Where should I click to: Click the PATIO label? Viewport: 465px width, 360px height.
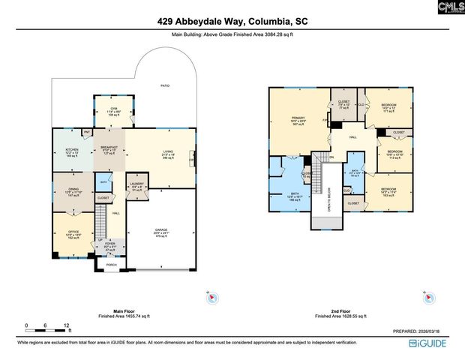[x=164, y=85]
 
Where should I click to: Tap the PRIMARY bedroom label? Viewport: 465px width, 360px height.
[x=298, y=118]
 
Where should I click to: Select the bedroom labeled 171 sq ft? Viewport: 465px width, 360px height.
[x=388, y=106]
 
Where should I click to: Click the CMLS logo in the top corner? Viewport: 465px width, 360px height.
[x=448, y=10]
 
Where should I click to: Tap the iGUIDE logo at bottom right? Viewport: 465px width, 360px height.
[x=433, y=342]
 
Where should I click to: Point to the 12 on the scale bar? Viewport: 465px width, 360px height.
[x=67, y=325]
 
